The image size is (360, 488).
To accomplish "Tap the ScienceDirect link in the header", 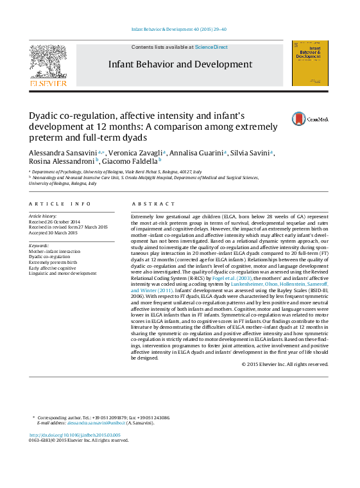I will [x=211, y=48].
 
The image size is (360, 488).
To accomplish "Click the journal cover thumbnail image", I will [x=310, y=63].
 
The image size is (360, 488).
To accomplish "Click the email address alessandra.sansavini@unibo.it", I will [x=85, y=423].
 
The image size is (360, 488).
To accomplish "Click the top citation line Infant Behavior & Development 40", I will [x=179, y=30].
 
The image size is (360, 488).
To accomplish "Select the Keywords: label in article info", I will [x=40, y=245].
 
